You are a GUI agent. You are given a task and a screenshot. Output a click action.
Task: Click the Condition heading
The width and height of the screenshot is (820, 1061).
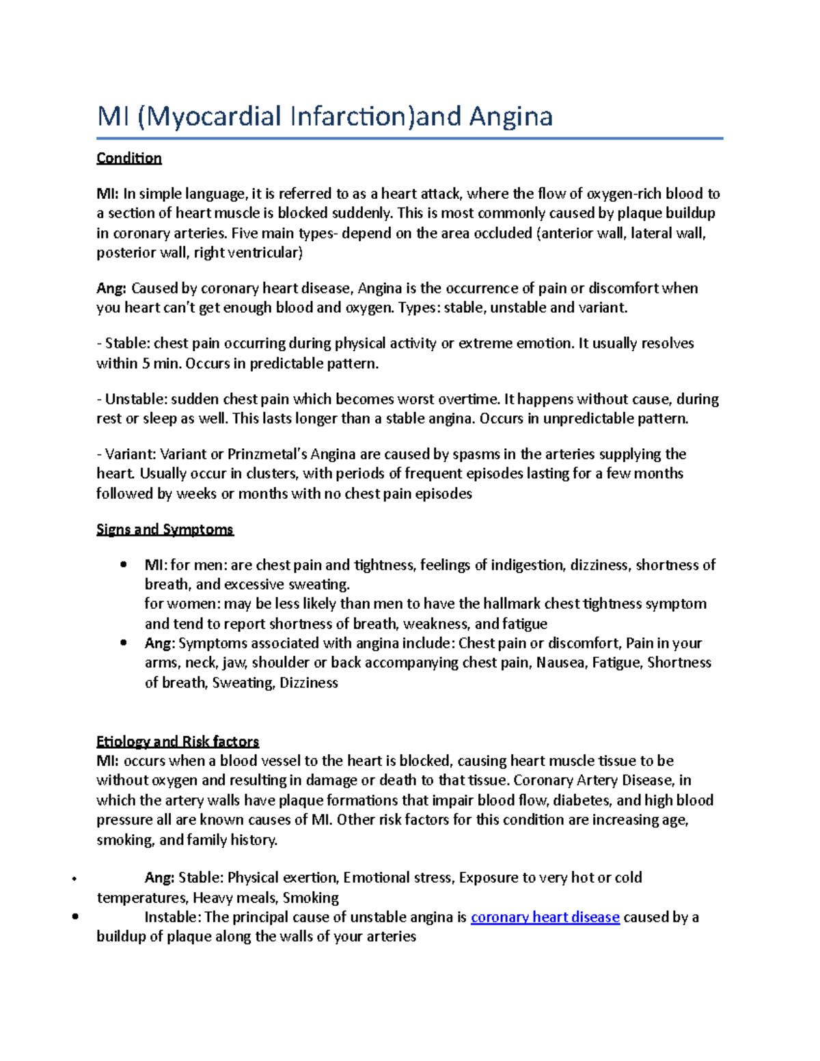point(129,159)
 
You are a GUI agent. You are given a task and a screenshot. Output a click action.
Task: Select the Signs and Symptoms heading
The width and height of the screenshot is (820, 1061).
point(165,529)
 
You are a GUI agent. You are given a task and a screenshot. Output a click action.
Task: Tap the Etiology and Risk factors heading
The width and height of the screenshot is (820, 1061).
point(178,741)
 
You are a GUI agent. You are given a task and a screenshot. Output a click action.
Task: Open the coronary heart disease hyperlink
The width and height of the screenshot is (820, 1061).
point(545,918)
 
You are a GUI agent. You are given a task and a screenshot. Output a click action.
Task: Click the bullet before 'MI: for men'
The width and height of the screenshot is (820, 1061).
point(123,564)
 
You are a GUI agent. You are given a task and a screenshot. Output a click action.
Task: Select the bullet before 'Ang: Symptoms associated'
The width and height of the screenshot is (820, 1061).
point(123,643)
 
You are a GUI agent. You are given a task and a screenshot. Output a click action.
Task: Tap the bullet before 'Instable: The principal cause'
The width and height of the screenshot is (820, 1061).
point(75,918)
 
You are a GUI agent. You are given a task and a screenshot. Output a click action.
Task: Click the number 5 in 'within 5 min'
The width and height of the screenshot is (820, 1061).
point(146,363)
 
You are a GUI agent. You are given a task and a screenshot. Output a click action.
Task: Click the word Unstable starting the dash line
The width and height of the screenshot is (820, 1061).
point(135,399)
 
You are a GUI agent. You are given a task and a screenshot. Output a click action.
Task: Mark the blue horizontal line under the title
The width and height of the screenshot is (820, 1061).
point(409,139)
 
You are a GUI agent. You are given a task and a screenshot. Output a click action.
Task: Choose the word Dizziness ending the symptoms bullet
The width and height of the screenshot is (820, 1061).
point(308,683)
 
